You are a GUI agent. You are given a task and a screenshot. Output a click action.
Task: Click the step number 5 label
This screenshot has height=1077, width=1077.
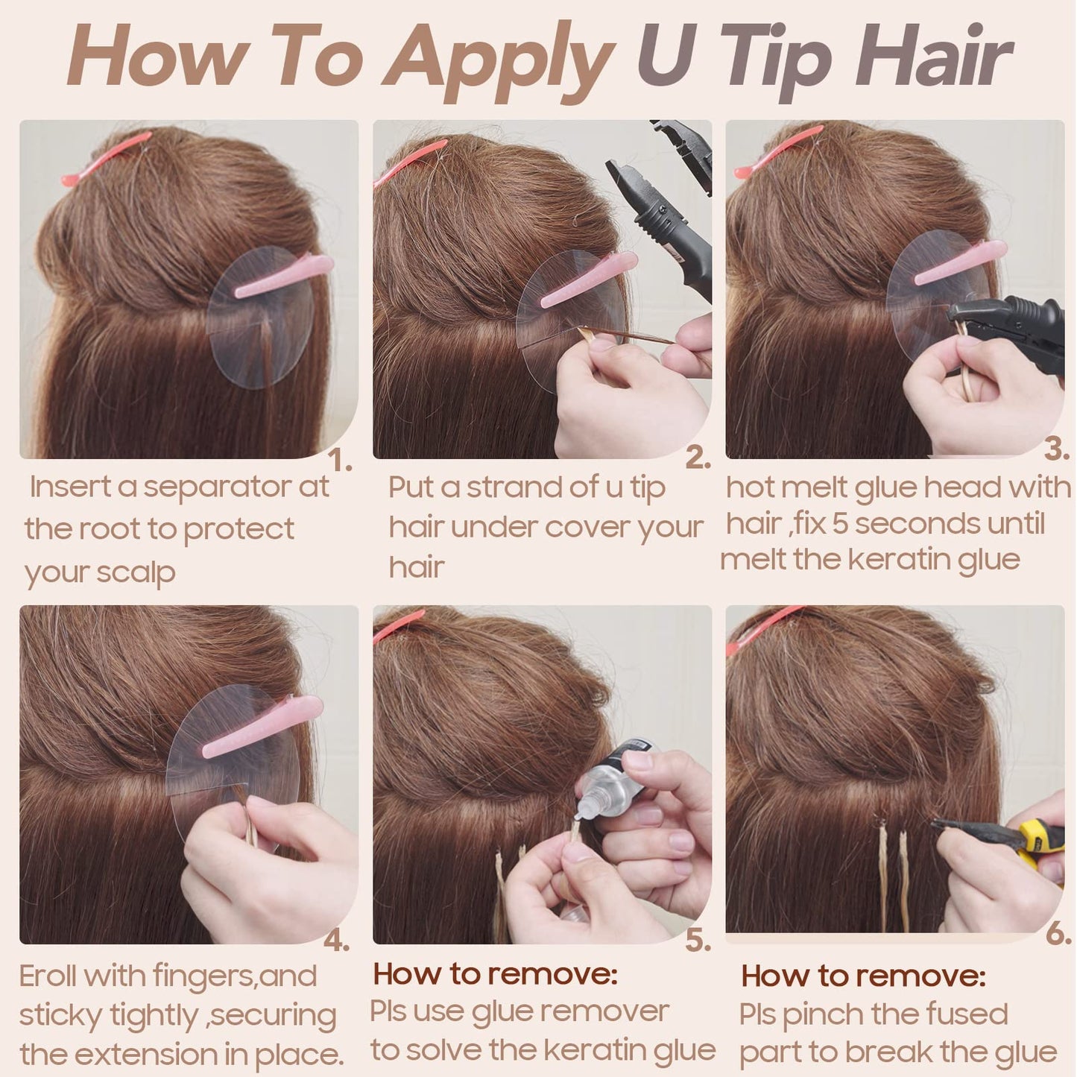tap(698, 941)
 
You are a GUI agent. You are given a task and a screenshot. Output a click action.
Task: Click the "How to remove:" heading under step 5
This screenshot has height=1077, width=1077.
tap(495, 973)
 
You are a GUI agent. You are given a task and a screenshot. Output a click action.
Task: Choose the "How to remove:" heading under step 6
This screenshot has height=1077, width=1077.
tap(864, 976)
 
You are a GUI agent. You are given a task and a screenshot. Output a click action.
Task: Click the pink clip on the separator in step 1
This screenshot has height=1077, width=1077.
tap(284, 277)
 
